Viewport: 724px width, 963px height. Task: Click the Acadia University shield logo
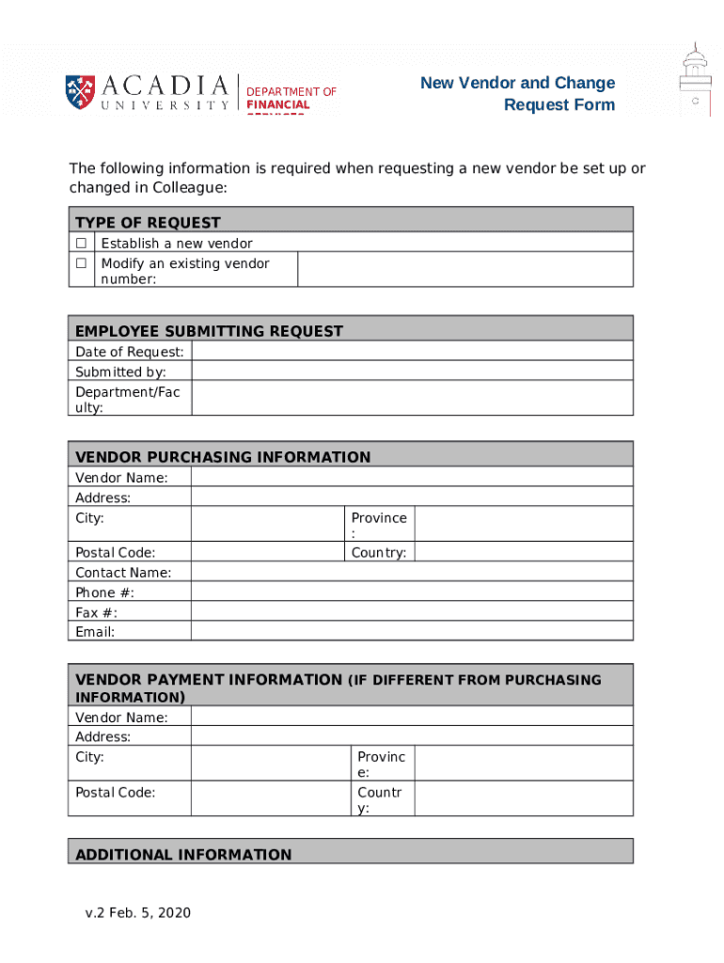pyautogui.click(x=80, y=90)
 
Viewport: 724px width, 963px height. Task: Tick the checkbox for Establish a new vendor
pyautogui.click(x=82, y=244)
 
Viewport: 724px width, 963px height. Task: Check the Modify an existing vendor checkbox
pyautogui.click(x=82, y=263)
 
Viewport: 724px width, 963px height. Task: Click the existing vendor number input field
pyautogui.click(x=464, y=269)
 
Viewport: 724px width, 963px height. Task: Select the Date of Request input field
pyautogui.click(x=412, y=351)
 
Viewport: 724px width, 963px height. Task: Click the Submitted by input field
pyautogui.click(x=412, y=371)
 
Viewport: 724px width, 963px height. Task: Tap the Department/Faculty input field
pyautogui.click(x=412, y=398)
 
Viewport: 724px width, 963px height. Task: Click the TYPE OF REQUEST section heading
pyautogui.click(x=148, y=222)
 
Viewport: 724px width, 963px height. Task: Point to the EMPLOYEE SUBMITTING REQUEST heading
pyautogui.click(x=209, y=330)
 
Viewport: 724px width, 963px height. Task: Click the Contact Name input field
pyautogui.click(x=412, y=572)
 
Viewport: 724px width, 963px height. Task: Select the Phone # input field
pyautogui.click(x=412, y=592)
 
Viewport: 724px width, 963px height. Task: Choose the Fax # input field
pyautogui.click(x=412, y=611)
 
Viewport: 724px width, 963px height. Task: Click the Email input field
pyautogui.click(x=412, y=631)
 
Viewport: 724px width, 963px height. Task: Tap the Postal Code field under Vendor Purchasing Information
pyautogui.click(x=268, y=552)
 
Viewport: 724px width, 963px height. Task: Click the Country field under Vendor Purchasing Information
pyautogui.click(x=523, y=552)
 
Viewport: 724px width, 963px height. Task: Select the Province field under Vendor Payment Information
pyautogui.click(x=523, y=764)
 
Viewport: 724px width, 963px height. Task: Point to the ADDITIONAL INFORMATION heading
pyautogui.click(x=183, y=854)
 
